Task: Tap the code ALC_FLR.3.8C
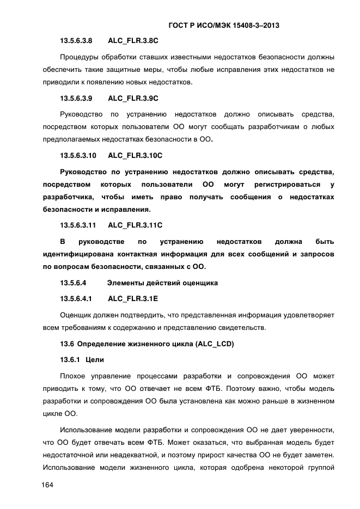(133, 41)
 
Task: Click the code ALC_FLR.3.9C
(133, 99)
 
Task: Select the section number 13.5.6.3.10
(78, 156)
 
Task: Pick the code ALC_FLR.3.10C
(135, 156)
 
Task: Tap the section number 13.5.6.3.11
(78, 225)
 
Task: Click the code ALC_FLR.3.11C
(135, 225)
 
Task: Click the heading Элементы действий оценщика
(162, 283)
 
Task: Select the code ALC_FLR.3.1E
(133, 299)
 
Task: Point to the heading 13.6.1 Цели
(78, 360)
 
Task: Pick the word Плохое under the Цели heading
(74, 376)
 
